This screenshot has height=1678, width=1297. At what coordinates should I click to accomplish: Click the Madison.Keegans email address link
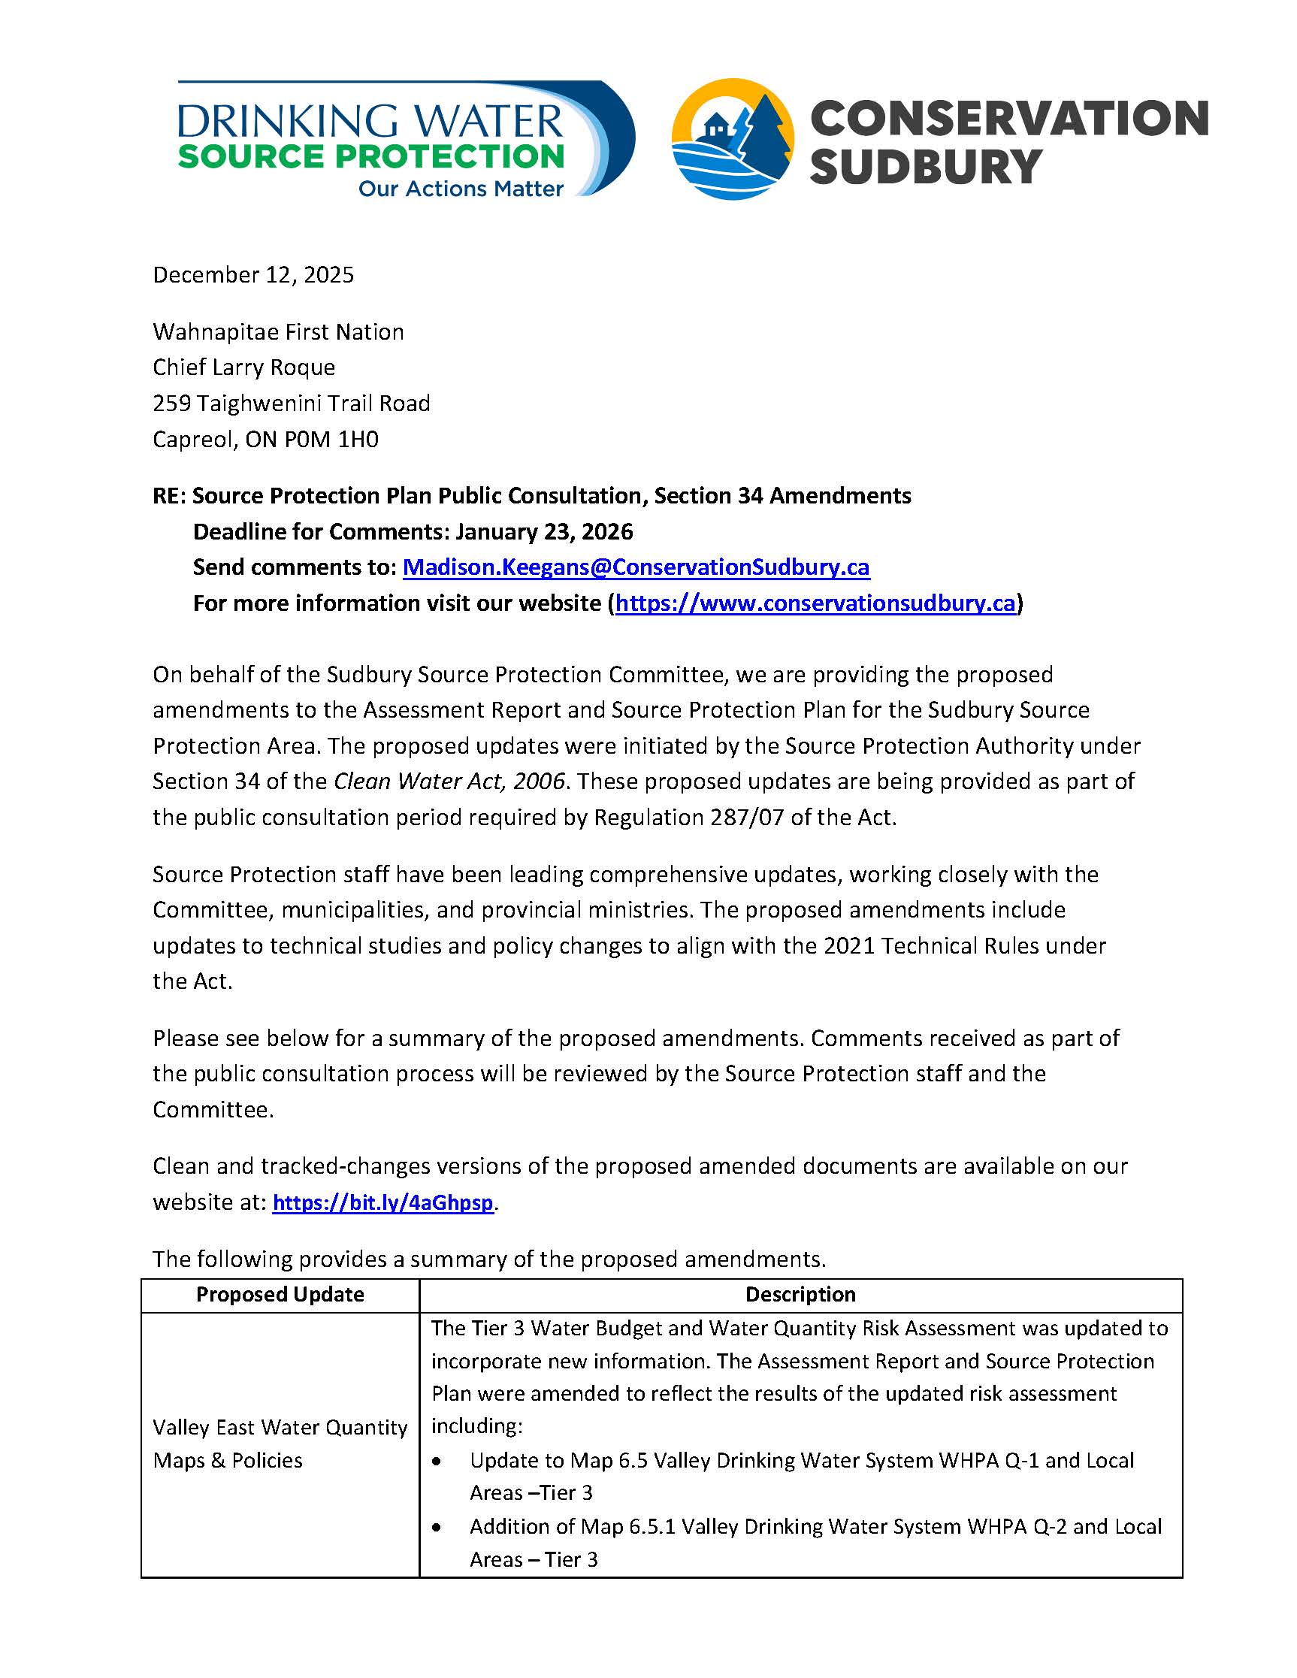tap(636, 567)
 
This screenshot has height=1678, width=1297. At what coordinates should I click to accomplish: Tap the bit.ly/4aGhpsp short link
tap(382, 1202)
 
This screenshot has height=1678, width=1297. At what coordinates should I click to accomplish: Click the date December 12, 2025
tap(253, 275)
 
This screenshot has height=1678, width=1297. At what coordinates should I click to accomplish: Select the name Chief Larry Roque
tap(243, 367)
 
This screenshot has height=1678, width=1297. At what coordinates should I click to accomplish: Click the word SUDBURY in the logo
tap(925, 167)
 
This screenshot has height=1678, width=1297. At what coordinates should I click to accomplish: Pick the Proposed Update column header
tap(280, 1295)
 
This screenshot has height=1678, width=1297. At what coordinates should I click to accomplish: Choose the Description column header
tap(800, 1295)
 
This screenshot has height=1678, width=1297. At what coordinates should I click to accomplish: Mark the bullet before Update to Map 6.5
tap(437, 1461)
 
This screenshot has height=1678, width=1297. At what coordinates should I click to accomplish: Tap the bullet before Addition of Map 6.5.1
tap(437, 1527)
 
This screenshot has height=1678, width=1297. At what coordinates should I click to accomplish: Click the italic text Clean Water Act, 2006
tap(449, 782)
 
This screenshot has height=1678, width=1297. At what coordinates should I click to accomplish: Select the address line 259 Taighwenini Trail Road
tap(292, 404)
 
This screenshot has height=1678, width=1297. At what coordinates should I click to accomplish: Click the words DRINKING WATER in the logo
tap(370, 122)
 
